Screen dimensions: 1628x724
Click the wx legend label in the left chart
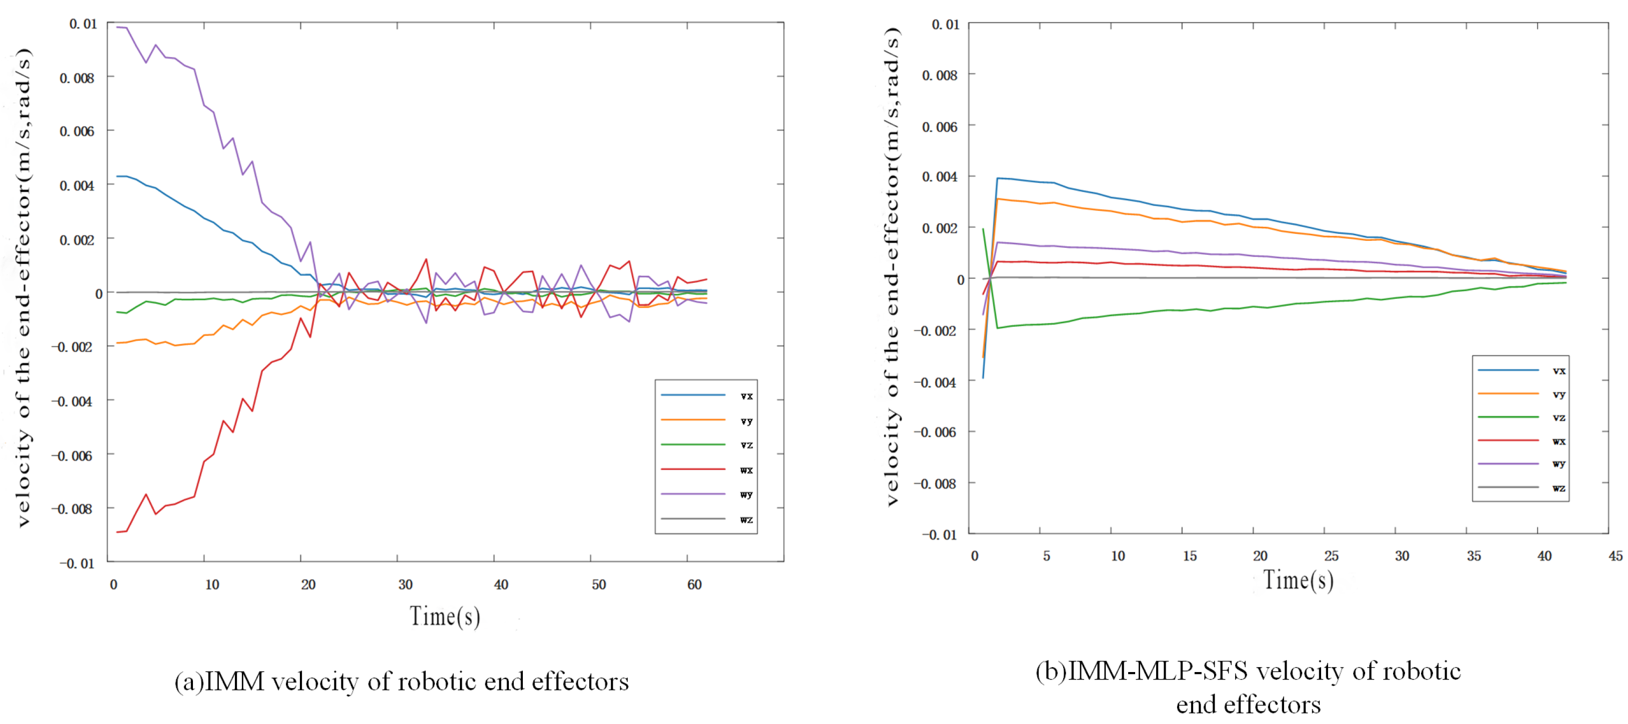click(x=746, y=470)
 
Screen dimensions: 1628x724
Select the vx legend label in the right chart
click(x=1559, y=371)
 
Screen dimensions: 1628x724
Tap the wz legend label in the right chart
click(x=1559, y=488)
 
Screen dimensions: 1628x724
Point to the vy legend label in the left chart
click(x=746, y=421)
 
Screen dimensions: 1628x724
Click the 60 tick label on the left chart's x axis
click(x=694, y=585)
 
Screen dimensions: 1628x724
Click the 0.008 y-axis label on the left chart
click(x=77, y=78)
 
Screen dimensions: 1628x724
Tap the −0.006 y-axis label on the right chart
click(x=935, y=432)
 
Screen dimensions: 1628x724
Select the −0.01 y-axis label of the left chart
click(x=76, y=563)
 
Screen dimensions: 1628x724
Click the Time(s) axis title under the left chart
click(x=445, y=617)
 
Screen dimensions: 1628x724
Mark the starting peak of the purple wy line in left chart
click(x=117, y=26)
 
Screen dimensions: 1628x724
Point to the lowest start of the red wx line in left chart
click(x=117, y=532)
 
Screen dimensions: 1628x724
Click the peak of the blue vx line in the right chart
click(x=997, y=178)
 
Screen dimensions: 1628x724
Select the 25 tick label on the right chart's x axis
click(x=1331, y=556)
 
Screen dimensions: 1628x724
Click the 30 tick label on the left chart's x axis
click(x=405, y=585)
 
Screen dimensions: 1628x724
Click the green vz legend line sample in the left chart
click(x=693, y=445)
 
